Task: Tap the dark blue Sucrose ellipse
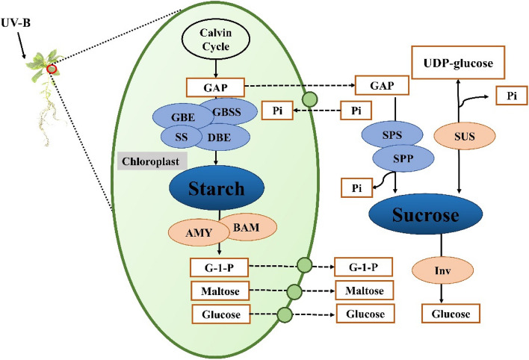coord(423,217)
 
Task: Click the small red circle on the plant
coord(52,69)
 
